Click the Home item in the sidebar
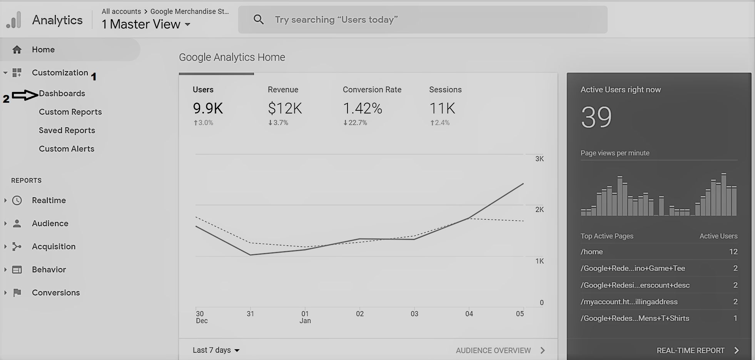43,50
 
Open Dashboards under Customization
62,93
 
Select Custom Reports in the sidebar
70,112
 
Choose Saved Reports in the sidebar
67,130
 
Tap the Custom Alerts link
67,149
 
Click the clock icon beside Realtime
17,200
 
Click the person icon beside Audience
17,223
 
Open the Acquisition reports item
54,247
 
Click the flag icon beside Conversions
17,293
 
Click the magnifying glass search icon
259,20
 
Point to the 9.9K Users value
208,108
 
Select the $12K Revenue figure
285,108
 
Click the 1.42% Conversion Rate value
362,108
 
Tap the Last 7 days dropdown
216,350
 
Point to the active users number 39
596,117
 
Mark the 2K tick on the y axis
540,210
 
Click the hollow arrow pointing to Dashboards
25,95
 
